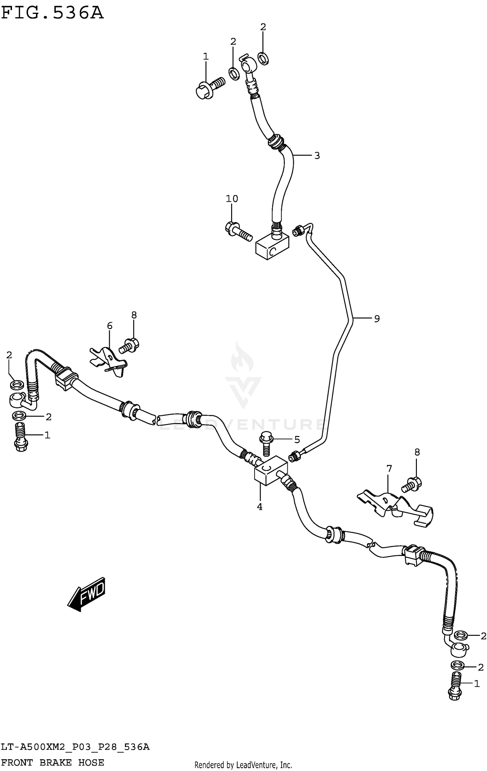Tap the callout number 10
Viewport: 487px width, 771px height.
(x=232, y=199)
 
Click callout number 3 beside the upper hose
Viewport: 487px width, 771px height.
(x=317, y=156)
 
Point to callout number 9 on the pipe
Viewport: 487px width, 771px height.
(x=377, y=319)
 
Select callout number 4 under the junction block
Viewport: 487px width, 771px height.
(x=260, y=507)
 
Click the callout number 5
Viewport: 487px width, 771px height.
(x=297, y=440)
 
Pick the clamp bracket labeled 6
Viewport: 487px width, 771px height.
(x=109, y=360)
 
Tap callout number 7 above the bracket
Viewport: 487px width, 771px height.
(x=389, y=469)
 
